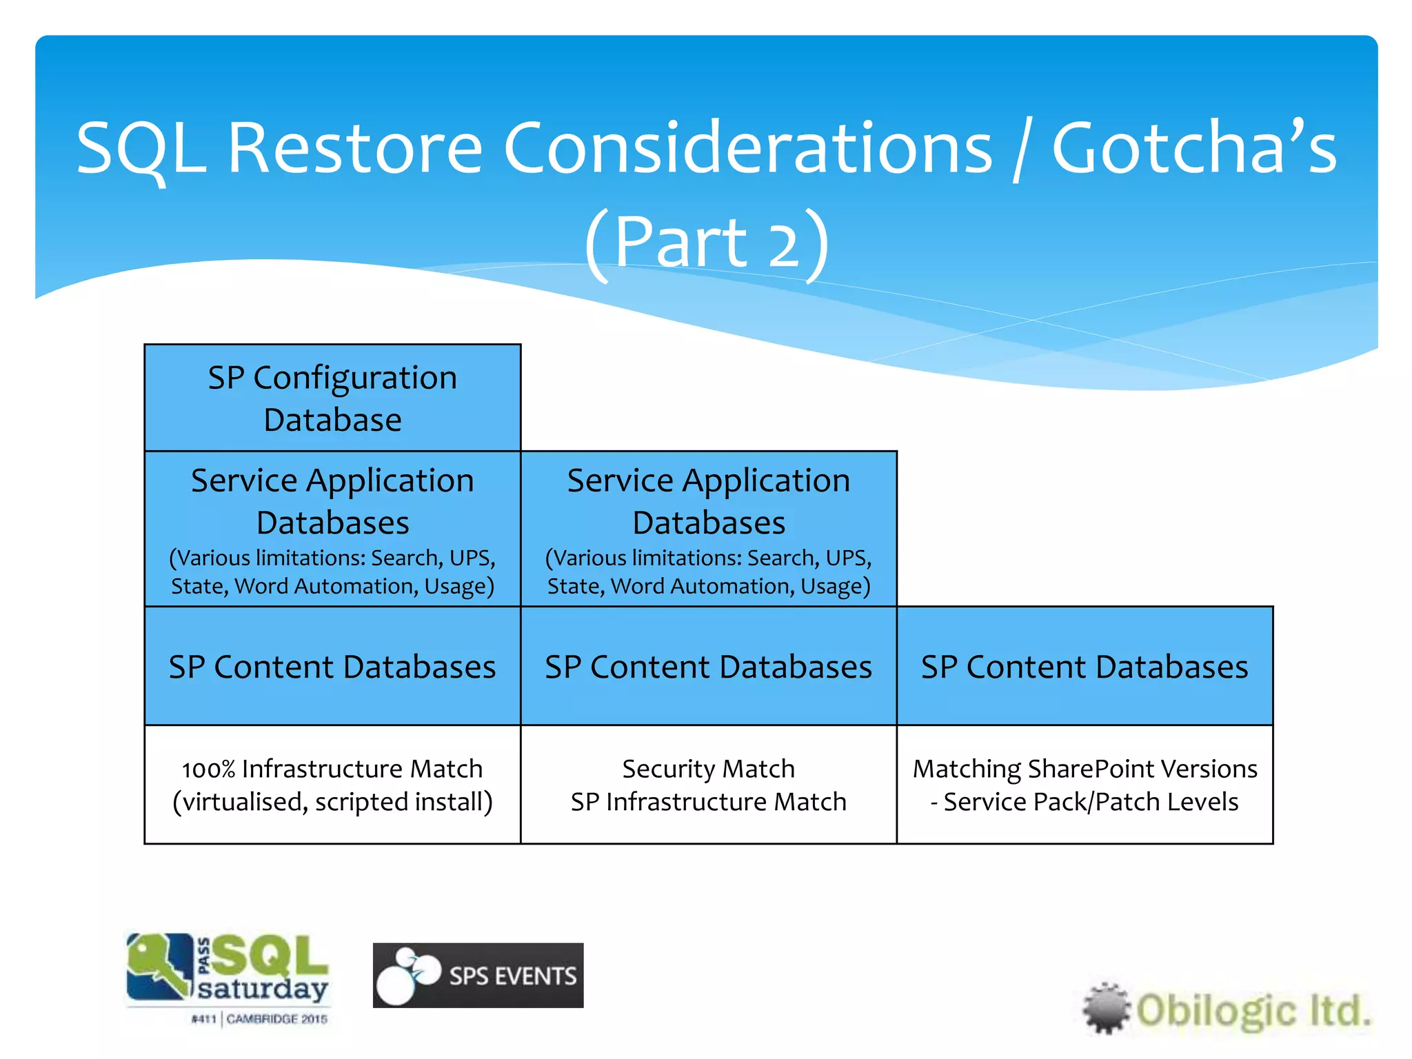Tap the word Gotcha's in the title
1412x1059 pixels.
(x=1193, y=148)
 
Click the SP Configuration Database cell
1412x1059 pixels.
(x=332, y=398)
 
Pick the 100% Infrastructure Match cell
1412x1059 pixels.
(x=332, y=785)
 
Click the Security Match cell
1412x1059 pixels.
(x=708, y=785)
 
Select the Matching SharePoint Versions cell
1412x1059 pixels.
(x=1085, y=785)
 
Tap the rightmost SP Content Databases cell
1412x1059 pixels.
(x=1085, y=666)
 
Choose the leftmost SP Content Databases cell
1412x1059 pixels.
(x=332, y=666)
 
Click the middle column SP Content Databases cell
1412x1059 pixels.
(x=708, y=666)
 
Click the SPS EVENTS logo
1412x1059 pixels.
(x=478, y=975)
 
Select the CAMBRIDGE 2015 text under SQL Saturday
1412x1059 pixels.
(x=276, y=1019)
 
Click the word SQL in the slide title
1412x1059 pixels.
(x=141, y=148)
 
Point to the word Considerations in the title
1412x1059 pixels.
(x=748, y=148)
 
